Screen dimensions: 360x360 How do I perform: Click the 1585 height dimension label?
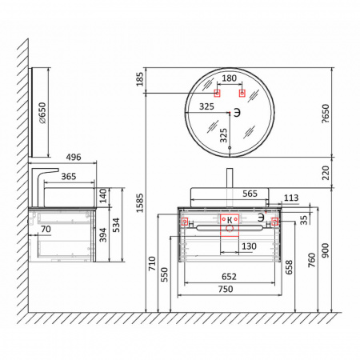[140, 203]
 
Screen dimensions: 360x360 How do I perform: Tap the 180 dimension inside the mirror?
[230, 78]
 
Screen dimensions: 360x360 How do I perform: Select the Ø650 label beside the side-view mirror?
[42, 113]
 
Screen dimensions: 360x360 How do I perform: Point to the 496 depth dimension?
[74, 157]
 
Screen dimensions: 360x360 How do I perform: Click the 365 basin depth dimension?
[69, 176]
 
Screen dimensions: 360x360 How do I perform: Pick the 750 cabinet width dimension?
[226, 289]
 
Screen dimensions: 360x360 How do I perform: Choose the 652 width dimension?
[229, 277]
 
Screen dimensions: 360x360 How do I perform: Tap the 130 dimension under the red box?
[249, 246]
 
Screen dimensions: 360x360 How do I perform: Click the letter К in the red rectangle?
[230, 220]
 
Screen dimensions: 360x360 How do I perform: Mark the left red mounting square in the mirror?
[218, 94]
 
